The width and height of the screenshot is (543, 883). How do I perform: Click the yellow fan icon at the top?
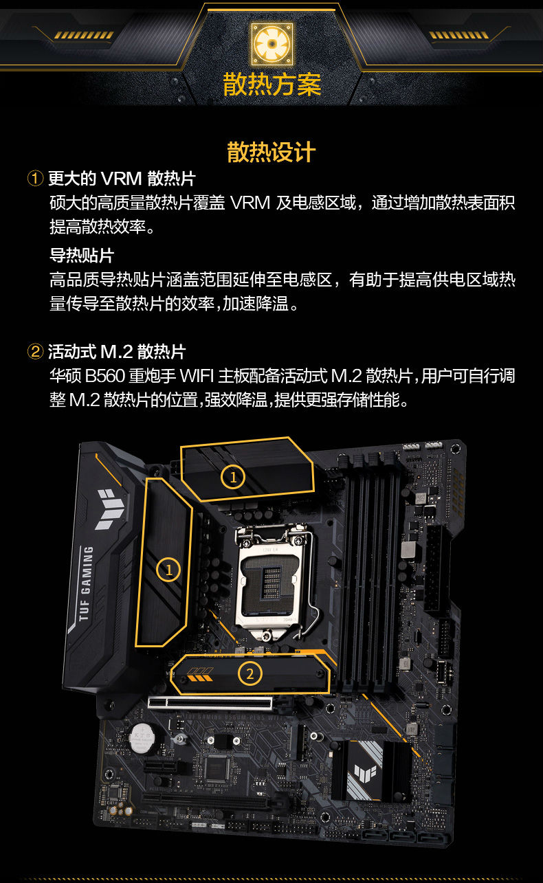pyautogui.click(x=271, y=43)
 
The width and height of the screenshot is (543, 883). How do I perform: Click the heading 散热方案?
pyautogui.click(x=271, y=85)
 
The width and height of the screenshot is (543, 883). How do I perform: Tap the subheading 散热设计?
pyautogui.click(x=271, y=152)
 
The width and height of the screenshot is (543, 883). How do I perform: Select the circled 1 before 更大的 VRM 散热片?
pyautogui.click(x=35, y=179)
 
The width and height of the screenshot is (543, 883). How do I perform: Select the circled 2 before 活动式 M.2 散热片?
pyautogui.click(x=35, y=351)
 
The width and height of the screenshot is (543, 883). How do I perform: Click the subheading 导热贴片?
pyautogui.click(x=82, y=256)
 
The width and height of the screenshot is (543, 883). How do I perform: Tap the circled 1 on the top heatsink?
pyautogui.click(x=232, y=477)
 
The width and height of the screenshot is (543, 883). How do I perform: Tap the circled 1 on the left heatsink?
pyautogui.click(x=168, y=570)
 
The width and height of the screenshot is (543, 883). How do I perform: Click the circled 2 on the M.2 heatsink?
pyautogui.click(x=250, y=673)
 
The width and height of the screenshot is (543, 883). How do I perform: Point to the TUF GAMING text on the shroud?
pyautogui.click(x=87, y=584)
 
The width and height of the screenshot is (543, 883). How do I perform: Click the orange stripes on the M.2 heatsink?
pyautogui.click(x=200, y=674)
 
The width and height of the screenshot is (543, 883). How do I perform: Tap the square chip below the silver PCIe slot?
pyautogui.click(x=218, y=768)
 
